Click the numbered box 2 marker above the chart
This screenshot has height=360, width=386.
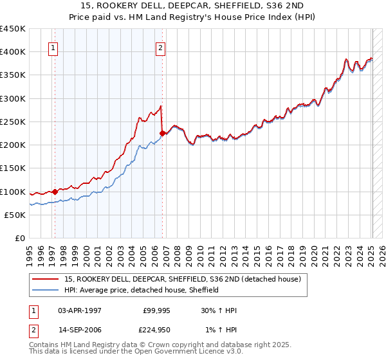[x=160, y=47]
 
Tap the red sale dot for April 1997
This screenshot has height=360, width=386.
[x=55, y=191]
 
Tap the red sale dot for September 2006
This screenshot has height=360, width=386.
[x=162, y=133]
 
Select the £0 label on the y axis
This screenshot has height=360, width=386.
[x=19, y=239]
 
